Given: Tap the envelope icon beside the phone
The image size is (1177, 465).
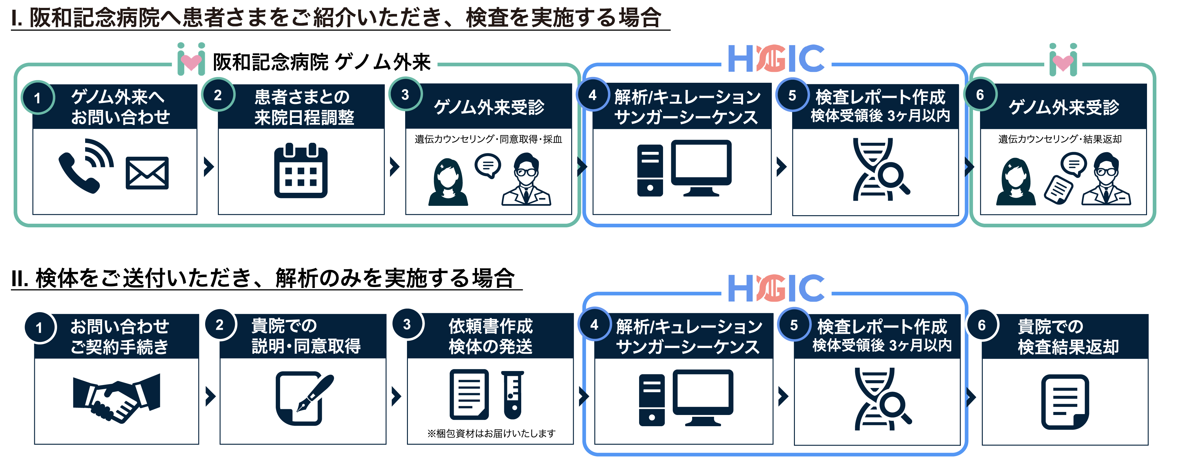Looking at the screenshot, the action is point(147,173).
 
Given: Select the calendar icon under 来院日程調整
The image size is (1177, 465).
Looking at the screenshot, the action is point(301,171).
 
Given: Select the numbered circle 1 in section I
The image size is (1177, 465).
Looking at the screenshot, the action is point(38,97).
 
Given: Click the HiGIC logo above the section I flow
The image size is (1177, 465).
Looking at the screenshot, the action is point(776,59).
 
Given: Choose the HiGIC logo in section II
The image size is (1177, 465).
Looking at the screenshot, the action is point(776,288).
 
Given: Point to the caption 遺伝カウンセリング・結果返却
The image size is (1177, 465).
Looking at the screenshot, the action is point(1060,139).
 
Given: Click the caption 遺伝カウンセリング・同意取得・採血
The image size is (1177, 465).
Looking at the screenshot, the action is point(488,139).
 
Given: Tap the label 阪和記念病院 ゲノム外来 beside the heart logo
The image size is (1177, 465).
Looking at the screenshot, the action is point(322,62).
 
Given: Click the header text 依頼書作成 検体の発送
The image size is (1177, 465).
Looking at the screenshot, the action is point(491,336).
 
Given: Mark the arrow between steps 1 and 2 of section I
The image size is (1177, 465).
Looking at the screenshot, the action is point(209,167).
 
